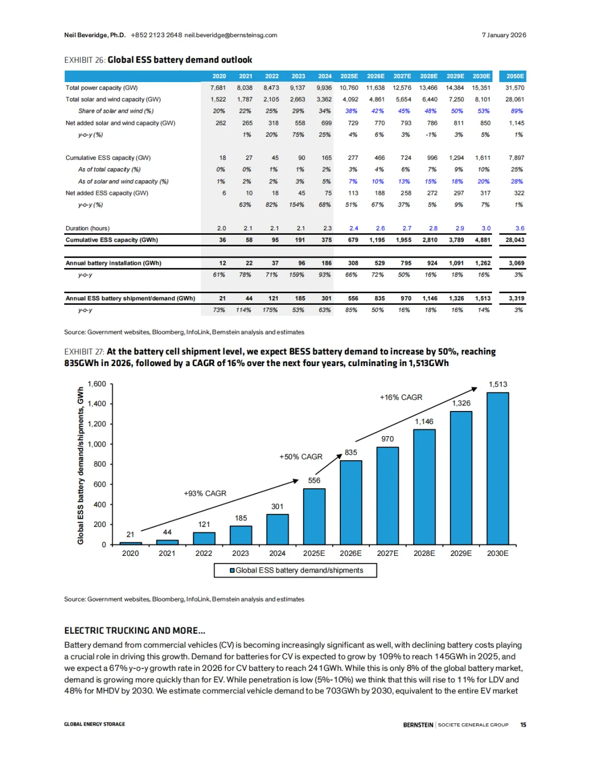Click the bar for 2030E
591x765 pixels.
497,468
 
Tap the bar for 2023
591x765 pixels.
241,535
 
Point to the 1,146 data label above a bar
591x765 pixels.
424,421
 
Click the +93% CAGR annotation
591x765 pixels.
205,493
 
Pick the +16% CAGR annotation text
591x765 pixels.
401,397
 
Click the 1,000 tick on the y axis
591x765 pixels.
97,444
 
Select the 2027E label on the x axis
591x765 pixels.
387,553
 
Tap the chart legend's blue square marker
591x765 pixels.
232,570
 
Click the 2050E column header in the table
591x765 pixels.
515,76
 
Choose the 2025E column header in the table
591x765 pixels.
349,76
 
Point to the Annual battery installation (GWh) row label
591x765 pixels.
113,263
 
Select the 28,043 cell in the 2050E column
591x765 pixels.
515,240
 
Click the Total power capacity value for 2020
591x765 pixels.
218,88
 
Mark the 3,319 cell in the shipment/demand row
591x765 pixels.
516,298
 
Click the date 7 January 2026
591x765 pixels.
503,35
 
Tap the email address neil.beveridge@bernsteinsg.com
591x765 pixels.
230,35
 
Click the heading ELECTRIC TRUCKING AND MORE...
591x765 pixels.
135,630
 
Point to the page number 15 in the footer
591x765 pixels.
523,725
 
